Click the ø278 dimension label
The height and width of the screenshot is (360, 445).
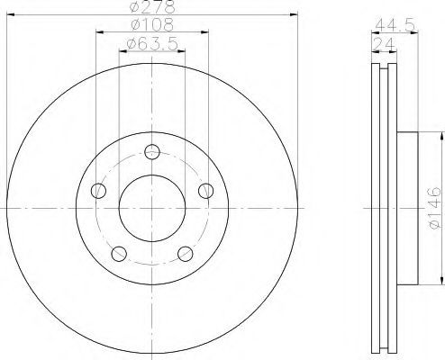click(x=152, y=7)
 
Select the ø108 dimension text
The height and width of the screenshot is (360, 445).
click(x=152, y=24)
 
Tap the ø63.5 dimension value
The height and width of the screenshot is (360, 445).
click(x=152, y=44)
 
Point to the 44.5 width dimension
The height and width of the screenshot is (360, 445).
click(x=395, y=25)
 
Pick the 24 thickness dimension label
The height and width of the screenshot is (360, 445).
click(x=384, y=44)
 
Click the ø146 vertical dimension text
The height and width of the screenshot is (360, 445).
click(x=435, y=208)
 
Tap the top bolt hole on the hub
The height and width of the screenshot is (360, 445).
click(x=152, y=152)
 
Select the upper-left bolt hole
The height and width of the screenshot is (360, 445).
click(x=98, y=191)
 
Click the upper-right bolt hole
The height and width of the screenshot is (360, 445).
click(x=206, y=191)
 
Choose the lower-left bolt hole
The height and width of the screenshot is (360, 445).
click(x=119, y=254)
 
